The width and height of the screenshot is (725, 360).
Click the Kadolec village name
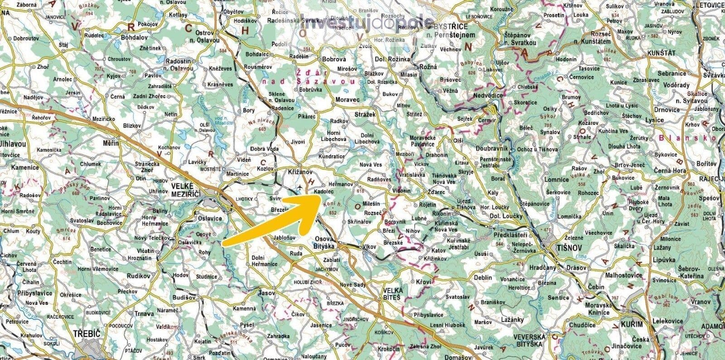click(324, 192)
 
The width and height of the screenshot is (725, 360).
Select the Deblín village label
click(483, 277)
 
